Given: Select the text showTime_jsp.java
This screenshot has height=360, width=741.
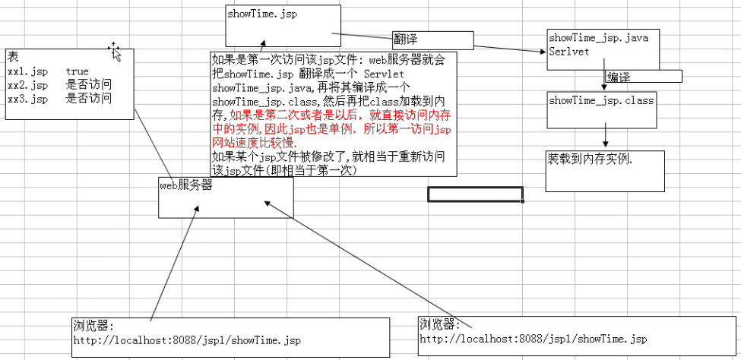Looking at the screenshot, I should tap(598, 38).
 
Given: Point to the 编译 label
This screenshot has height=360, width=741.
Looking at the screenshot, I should tap(619, 77).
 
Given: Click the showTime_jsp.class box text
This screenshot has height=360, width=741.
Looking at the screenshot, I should tap(600, 100).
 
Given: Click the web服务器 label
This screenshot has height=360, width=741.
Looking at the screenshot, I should tap(185, 185).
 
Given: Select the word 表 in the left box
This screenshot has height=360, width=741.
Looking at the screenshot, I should tap(13, 57).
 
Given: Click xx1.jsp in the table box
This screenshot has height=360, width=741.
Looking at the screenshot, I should tap(27, 71).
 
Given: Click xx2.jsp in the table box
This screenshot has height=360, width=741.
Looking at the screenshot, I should tap(27, 84).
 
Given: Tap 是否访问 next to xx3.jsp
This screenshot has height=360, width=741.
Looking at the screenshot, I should tap(89, 98).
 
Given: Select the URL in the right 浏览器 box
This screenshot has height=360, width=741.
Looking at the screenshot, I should tap(533, 338).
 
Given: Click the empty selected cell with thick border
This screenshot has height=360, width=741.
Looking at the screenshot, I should tap(475, 194).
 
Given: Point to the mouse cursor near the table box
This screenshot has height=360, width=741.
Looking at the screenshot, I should tap(114, 50).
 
